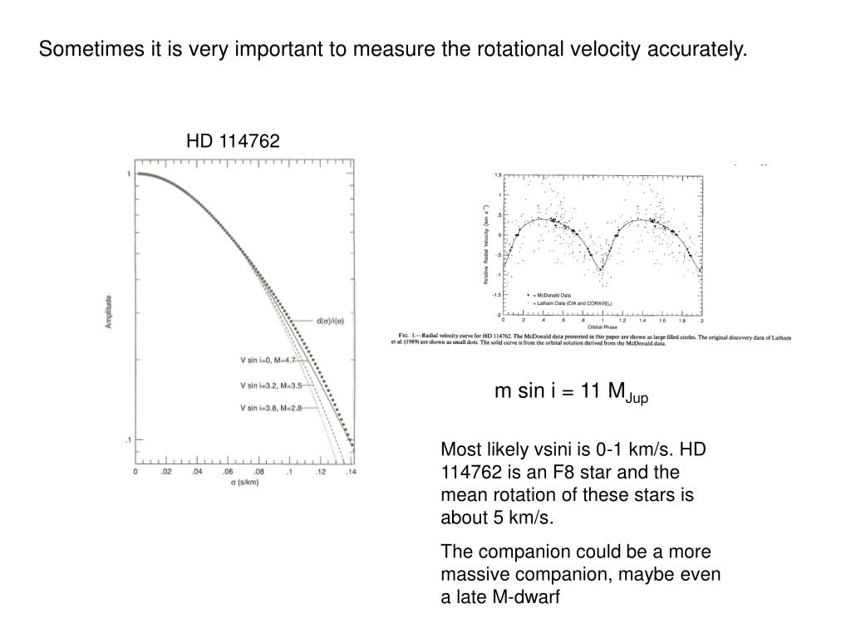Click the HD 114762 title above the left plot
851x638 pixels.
233,142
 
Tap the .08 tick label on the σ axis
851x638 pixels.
258,472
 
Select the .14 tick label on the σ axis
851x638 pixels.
352,472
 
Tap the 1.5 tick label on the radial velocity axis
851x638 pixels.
497,175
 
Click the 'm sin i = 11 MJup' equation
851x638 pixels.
571,393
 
